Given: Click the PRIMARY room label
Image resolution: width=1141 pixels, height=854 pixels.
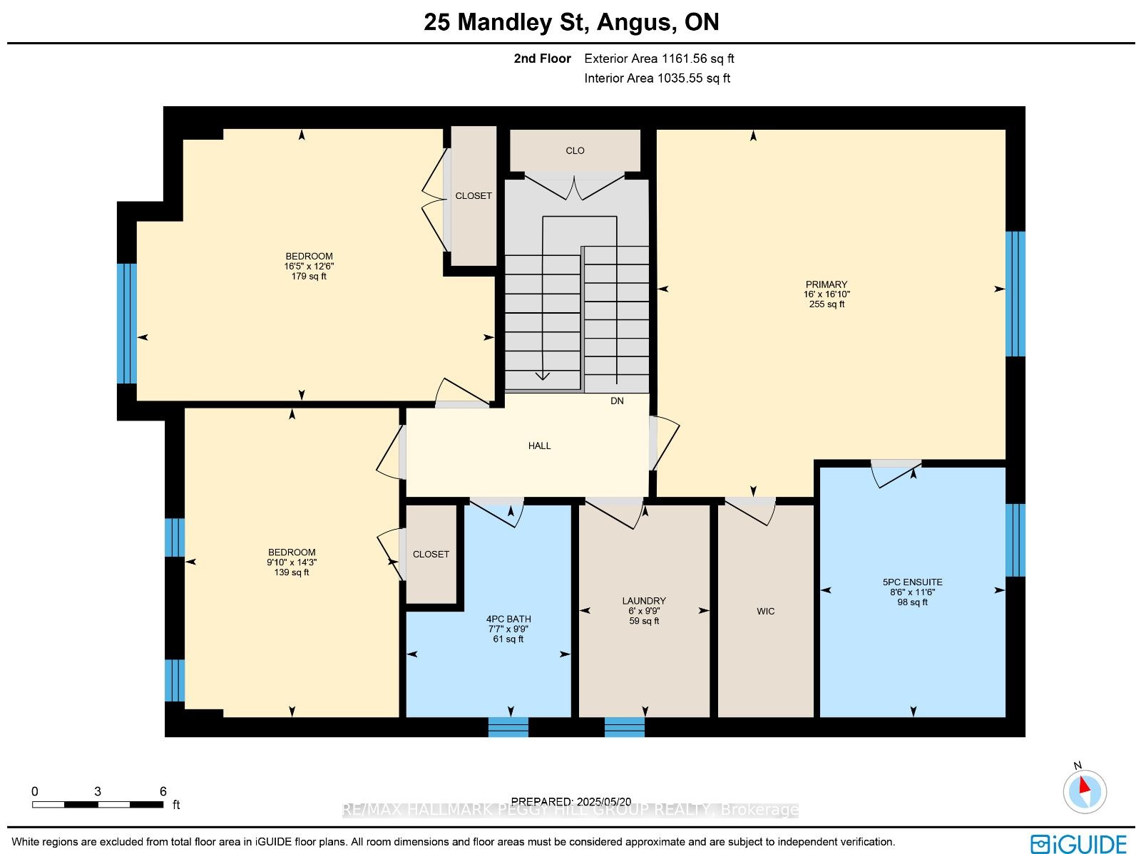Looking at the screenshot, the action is coord(826,284).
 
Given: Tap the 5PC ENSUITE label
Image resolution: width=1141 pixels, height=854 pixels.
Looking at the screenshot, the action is coord(912,582).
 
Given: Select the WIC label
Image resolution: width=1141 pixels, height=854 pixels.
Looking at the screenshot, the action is coord(765,611).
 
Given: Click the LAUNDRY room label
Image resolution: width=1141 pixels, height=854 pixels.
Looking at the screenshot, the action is coord(643,600).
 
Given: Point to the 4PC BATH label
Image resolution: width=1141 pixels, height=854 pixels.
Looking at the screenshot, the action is coord(508,619).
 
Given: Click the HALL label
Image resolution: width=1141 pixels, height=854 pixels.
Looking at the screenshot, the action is coord(539,446).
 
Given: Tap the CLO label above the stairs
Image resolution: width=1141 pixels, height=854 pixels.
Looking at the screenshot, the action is coord(575,150).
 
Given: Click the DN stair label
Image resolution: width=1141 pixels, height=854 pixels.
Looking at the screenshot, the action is coord(617,401).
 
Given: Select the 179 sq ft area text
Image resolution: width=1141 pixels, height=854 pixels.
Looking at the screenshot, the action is coord(309,277).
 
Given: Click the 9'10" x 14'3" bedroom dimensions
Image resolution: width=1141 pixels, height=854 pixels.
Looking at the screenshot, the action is coord(292,562).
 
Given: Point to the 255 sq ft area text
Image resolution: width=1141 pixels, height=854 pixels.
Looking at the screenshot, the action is coord(827,304).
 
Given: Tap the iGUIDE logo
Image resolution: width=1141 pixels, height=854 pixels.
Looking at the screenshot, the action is coord(1078,843).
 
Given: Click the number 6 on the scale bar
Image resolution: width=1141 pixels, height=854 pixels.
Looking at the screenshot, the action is coord(163,791).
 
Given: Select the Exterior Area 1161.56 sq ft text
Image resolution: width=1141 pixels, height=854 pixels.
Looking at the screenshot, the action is coord(659,58).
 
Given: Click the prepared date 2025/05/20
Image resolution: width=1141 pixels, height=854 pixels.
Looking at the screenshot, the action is coord(604,801).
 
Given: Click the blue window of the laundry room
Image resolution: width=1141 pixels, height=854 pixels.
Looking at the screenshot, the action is coord(624,727).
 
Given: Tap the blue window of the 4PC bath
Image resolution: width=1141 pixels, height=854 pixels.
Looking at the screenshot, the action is coord(508,727).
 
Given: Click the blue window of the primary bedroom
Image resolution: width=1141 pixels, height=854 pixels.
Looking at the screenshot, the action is coord(1015,294).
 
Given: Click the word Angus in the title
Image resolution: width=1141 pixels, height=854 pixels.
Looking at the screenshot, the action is coord(634,22).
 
